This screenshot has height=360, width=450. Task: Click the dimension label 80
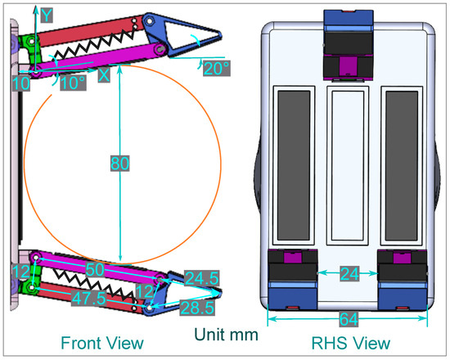(x=120, y=164)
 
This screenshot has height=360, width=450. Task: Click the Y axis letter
(x=47, y=15)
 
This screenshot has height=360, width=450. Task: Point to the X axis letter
(x=103, y=74)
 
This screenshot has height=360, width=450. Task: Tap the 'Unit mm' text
(x=226, y=334)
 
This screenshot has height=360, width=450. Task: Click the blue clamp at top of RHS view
(x=348, y=23)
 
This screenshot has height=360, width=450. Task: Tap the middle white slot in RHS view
(x=348, y=167)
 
